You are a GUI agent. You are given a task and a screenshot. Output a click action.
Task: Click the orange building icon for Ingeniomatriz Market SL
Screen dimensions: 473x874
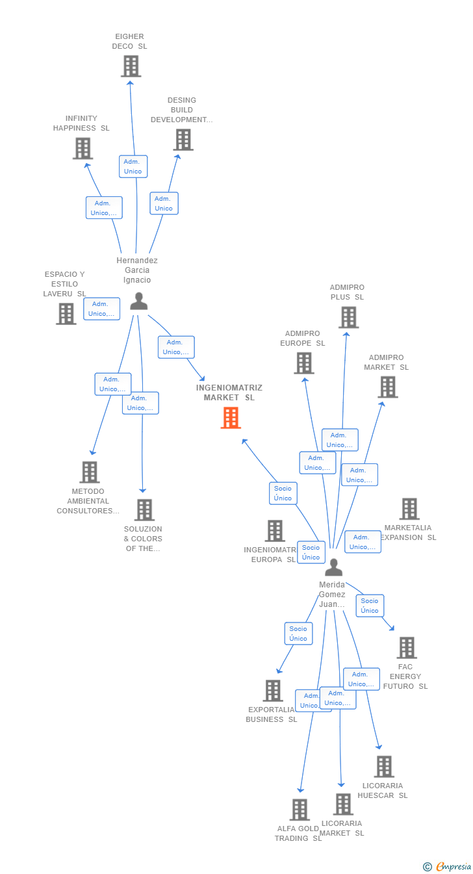(231, 418)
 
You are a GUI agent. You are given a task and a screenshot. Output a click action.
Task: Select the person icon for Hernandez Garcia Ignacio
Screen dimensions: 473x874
(138, 301)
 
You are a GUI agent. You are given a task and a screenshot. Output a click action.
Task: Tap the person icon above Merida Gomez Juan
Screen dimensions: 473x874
(333, 567)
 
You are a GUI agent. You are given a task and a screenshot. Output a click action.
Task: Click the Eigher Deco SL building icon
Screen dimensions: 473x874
(131, 66)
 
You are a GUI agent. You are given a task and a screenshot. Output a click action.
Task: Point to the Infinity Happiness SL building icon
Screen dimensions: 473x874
(83, 148)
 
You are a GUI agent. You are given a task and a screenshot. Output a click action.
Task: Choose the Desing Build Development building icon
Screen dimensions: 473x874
(183, 139)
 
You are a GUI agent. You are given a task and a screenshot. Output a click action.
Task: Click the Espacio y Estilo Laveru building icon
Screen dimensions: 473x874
(66, 313)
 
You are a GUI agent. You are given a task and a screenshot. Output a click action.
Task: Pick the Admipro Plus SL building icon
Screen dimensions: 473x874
(348, 317)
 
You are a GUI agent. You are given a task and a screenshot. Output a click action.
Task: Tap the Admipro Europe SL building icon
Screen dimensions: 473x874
(303, 363)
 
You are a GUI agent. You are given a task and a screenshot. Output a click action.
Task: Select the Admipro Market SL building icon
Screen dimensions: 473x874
(387, 387)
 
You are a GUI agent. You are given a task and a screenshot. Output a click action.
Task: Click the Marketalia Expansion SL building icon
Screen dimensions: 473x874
(409, 509)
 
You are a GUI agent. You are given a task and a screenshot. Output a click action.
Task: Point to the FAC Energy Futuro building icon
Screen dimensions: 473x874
(406, 647)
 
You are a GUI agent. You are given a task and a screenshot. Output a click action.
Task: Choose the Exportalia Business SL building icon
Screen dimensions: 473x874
(273, 690)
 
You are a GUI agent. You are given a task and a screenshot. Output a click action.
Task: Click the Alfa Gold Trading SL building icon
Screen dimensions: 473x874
(300, 809)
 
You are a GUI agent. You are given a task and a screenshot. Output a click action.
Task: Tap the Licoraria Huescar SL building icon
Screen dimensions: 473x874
(383, 766)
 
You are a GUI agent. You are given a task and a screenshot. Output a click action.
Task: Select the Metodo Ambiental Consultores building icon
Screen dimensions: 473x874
(89, 472)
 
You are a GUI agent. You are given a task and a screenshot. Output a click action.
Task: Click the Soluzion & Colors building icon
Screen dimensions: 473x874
(144, 509)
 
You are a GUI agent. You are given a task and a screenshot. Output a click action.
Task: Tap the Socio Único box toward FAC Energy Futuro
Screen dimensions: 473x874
(370, 606)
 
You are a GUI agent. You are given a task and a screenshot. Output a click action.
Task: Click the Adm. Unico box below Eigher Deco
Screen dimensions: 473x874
(133, 166)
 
